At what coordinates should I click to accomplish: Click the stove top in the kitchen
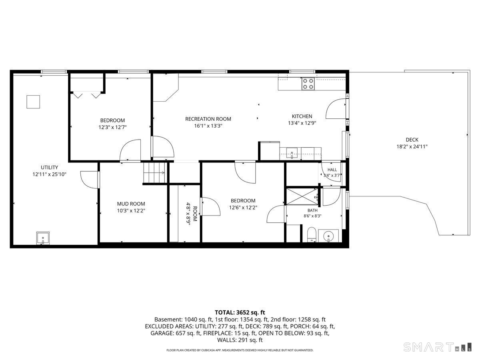(308, 84)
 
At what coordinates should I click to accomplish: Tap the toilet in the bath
(311, 235)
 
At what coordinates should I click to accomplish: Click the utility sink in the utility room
(43, 238)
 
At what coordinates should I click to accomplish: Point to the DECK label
(412, 140)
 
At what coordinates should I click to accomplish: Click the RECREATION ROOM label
(208, 119)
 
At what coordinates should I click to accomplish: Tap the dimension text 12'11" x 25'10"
(50, 174)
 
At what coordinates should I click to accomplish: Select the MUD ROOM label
(131, 204)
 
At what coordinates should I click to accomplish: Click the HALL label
(332, 170)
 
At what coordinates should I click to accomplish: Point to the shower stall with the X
(302, 196)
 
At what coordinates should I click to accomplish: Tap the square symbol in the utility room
(33, 102)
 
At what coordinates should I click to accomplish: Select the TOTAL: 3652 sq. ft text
(240, 312)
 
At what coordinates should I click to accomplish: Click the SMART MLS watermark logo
(437, 347)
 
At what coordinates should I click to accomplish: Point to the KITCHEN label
(302, 116)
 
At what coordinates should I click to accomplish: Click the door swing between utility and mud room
(90, 180)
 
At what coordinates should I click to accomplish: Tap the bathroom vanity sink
(328, 236)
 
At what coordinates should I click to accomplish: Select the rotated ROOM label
(195, 214)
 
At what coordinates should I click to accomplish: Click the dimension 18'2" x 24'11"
(412, 147)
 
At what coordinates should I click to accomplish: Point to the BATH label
(312, 210)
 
